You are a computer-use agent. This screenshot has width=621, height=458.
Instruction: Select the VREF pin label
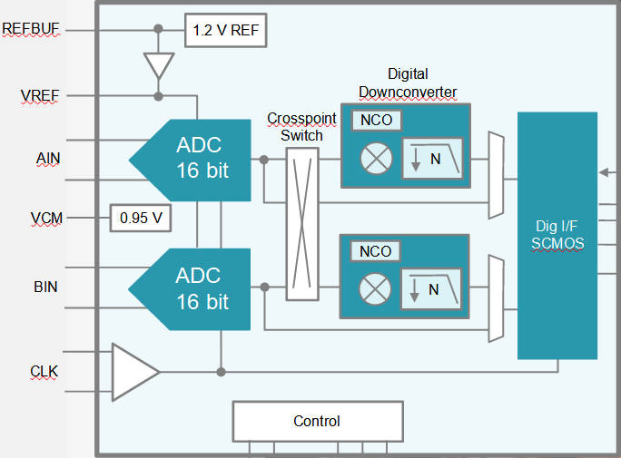click(x=40, y=95)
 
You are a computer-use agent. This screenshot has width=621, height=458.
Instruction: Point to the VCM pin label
click(x=45, y=218)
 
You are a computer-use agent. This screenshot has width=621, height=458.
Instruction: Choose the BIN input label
click(x=45, y=287)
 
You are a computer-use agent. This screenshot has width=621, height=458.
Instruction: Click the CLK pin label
click(x=44, y=370)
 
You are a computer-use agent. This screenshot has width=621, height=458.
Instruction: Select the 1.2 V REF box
click(x=226, y=30)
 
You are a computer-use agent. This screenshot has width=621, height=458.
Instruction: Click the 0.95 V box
click(x=141, y=218)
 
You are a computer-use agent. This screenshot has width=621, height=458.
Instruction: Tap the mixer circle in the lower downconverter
click(x=375, y=289)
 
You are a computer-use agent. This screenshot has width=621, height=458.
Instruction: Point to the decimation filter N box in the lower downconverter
click(x=432, y=289)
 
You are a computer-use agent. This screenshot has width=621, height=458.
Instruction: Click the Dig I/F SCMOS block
click(x=557, y=236)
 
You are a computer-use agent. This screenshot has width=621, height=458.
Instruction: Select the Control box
click(x=317, y=421)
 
